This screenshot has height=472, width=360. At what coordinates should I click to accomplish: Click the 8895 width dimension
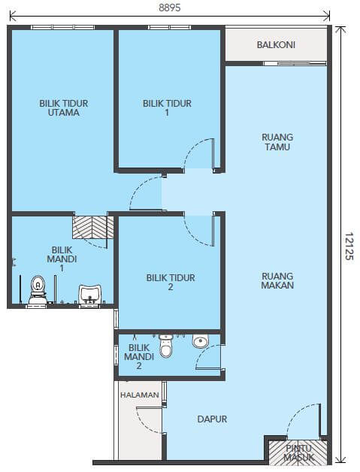pyautogui.click(x=169, y=8)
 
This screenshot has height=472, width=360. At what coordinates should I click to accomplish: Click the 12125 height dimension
pyautogui.click(x=349, y=246)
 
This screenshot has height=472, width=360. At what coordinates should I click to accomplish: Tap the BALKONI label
pyautogui.click(x=276, y=45)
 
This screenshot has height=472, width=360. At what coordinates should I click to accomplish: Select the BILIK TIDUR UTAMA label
pyautogui.click(x=64, y=107)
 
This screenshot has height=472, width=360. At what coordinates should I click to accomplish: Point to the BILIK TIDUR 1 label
pyautogui.click(x=167, y=107)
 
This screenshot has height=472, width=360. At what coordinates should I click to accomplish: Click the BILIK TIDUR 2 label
pyautogui.click(x=171, y=282)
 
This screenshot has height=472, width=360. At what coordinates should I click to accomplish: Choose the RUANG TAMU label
pyautogui.click(x=277, y=142)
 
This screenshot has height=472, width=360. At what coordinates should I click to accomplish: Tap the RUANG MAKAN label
pyautogui.click(x=277, y=280)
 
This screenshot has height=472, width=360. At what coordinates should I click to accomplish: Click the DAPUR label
pyautogui.click(x=212, y=419)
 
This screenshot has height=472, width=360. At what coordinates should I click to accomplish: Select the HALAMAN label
pyautogui.click(x=140, y=395)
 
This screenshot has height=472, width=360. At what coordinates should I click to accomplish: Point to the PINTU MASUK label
pyautogui.click(x=298, y=452)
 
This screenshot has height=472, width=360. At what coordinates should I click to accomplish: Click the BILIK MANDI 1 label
pyautogui.click(x=62, y=259)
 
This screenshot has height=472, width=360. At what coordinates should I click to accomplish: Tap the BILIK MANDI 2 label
pyautogui.click(x=139, y=357)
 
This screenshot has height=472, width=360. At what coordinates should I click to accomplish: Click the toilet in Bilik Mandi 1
pyautogui.click(x=38, y=290)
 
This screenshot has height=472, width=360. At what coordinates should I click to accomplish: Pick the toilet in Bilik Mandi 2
pyautogui.click(x=165, y=346)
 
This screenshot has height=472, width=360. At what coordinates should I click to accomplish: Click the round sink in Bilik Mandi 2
pyautogui.click(x=200, y=341)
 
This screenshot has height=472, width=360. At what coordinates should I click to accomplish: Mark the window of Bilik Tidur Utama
pyautogui.click(x=63, y=27)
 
